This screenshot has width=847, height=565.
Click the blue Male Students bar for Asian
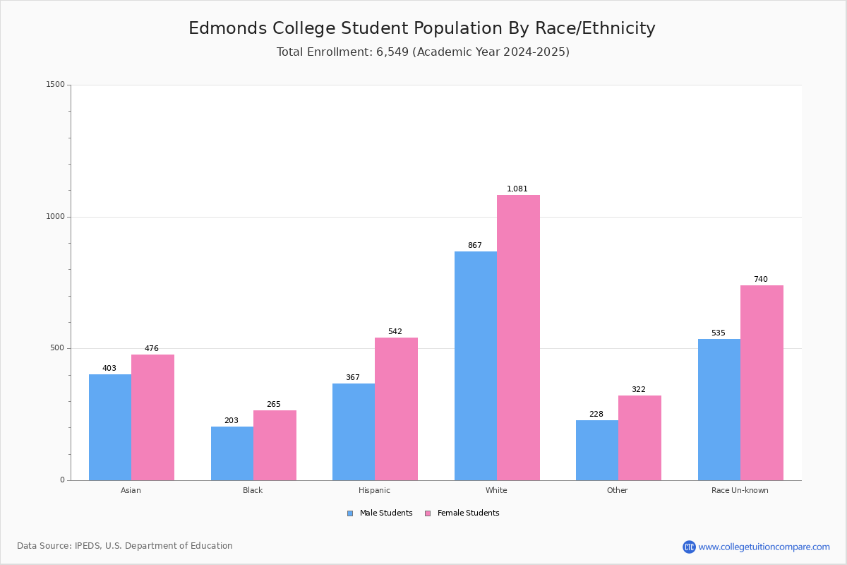(x=110, y=427)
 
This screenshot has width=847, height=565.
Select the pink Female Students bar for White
(x=518, y=338)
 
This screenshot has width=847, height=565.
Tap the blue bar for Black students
(x=232, y=453)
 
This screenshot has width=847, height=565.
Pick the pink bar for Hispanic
(x=396, y=409)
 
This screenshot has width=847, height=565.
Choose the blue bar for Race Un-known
(x=719, y=410)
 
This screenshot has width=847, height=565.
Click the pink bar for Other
(x=639, y=438)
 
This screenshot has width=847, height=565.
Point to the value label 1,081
(x=517, y=189)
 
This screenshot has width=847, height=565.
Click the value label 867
(x=475, y=245)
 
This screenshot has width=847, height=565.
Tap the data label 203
(x=232, y=420)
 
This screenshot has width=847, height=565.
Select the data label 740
(x=761, y=279)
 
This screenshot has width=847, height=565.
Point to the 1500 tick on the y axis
(x=56, y=84)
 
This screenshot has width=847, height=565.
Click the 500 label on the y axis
(x=57, y=347)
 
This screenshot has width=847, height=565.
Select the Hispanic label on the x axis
(x=374, y=490)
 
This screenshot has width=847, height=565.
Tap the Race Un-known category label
(x=740, y=490)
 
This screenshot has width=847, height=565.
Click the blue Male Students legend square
(x=350, y=513)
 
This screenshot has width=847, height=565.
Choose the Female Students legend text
(x=468, y=513)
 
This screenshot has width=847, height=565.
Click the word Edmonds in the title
(x=227, y=28)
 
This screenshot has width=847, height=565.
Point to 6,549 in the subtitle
(x=392, y=52)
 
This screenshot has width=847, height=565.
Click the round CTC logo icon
(x=689, y=547)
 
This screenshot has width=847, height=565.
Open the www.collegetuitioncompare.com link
(x=764, y=547)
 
